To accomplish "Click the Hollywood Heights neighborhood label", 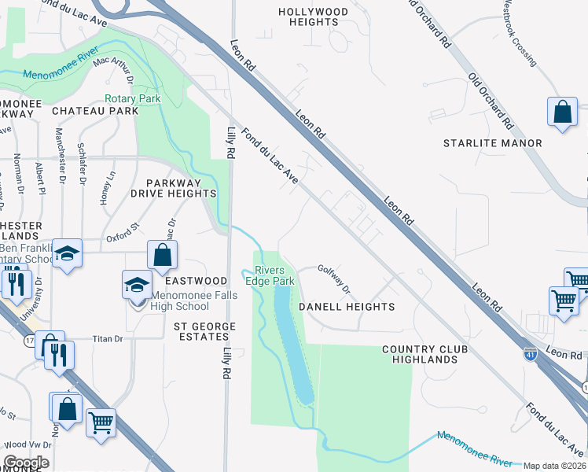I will click(313, 17).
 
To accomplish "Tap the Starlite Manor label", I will click(492, 143).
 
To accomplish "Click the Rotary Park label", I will click(133, 99).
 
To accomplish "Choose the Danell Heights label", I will click(347, 306).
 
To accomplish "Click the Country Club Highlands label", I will click(420, 354).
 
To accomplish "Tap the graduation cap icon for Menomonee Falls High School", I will click(137, 285).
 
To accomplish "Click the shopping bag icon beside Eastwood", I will click(162, 255).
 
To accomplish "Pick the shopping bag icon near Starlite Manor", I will click(563, 112).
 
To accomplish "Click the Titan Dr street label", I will click(108, 339).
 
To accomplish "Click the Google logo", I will click(25, 463).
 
